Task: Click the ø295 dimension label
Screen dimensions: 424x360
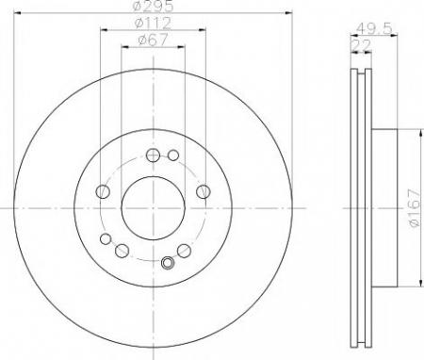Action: click(153, 6)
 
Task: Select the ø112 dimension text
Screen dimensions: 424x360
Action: click(153, 23)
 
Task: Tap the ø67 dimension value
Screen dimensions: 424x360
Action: click(153, 40)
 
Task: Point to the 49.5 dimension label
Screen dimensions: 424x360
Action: click(374, 29)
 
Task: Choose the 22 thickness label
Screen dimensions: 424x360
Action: click(361, 45)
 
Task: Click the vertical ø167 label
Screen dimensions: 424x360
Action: click(414, 208)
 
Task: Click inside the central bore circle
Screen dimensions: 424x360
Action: click(153, 208)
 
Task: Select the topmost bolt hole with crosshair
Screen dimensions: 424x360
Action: click(153, 155)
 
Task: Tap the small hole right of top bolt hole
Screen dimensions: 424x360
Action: click(173, 155)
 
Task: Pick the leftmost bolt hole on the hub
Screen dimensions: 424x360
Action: click(103, 191)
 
